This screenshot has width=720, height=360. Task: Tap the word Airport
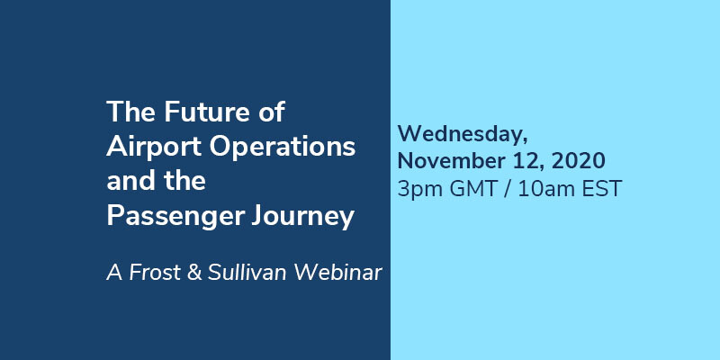154,148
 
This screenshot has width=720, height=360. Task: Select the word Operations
283,148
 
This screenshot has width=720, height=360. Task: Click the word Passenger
175,217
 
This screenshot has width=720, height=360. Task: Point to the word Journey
302,217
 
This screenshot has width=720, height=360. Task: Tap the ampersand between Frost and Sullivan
194,273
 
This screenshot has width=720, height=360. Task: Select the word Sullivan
247,273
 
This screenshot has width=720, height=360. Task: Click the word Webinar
338,273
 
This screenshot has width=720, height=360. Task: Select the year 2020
578,161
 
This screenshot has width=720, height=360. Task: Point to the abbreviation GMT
473,189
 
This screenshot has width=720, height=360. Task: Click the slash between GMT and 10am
507,189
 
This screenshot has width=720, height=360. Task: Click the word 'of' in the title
271,112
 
